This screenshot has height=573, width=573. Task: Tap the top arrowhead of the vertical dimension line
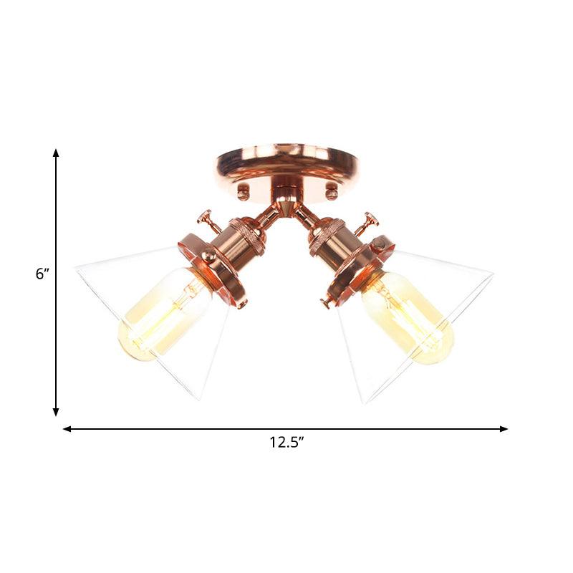tap(56, 153)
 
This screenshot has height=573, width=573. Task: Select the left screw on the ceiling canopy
tap(244, 191)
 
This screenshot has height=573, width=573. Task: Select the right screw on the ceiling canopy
tap(331, 191)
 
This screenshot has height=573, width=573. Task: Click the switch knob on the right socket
tap(370, 218)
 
